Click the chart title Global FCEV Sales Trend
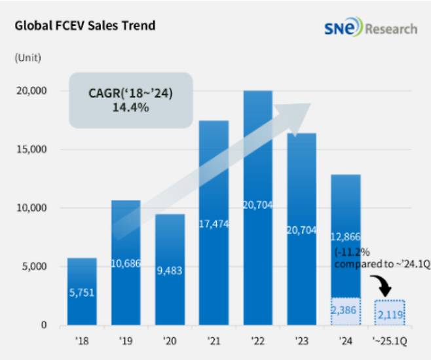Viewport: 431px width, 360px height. pos(84,26)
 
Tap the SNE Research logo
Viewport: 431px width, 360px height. pos(370,29)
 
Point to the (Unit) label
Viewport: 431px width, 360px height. pos(28,58)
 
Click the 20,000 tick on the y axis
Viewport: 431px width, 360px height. pos(30,91)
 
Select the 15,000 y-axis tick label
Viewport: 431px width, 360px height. pos(30,149)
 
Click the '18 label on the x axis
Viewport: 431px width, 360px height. pos(82,342)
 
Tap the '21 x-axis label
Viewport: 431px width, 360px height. pos(214,342)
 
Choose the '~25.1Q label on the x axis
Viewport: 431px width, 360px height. pos(390,342)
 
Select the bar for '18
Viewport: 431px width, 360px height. pos(82,291)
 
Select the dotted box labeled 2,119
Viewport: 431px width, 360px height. pos(390,312)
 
